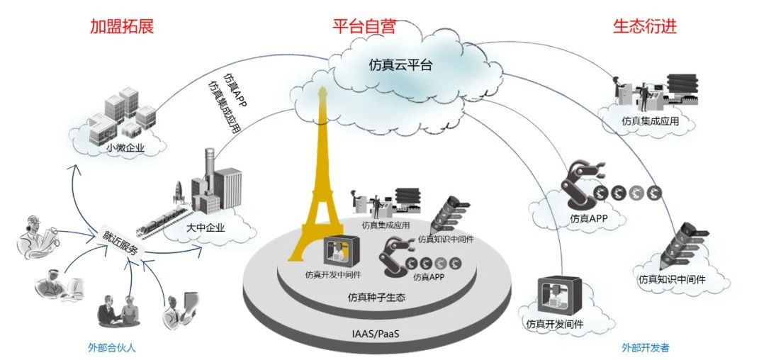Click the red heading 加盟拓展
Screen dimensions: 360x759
pos(121,27)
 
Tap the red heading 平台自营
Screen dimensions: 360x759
pos(364,27)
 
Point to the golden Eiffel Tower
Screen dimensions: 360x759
pos(320,177)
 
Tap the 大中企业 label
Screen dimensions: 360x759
pos(205,227)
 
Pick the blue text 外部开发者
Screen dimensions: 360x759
pos(645,347)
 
